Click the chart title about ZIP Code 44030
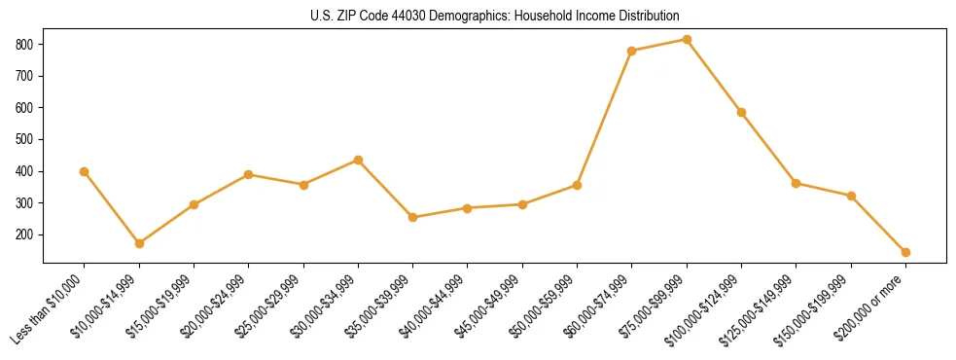point(494,17)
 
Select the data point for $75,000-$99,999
point(687,39)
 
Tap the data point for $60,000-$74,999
point(632,51)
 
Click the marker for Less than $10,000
point(85,171)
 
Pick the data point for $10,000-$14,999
point(139,243)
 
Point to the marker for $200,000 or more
point(905,252)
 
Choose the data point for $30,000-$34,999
point(358,160)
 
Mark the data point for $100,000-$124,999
point(741,112)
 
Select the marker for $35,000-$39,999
point(413,217)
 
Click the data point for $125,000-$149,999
point(796,183)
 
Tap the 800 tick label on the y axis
point(25,45)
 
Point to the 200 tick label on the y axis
point(25,234)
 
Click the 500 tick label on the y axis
point(25,139)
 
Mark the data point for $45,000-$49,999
point(522,204)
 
